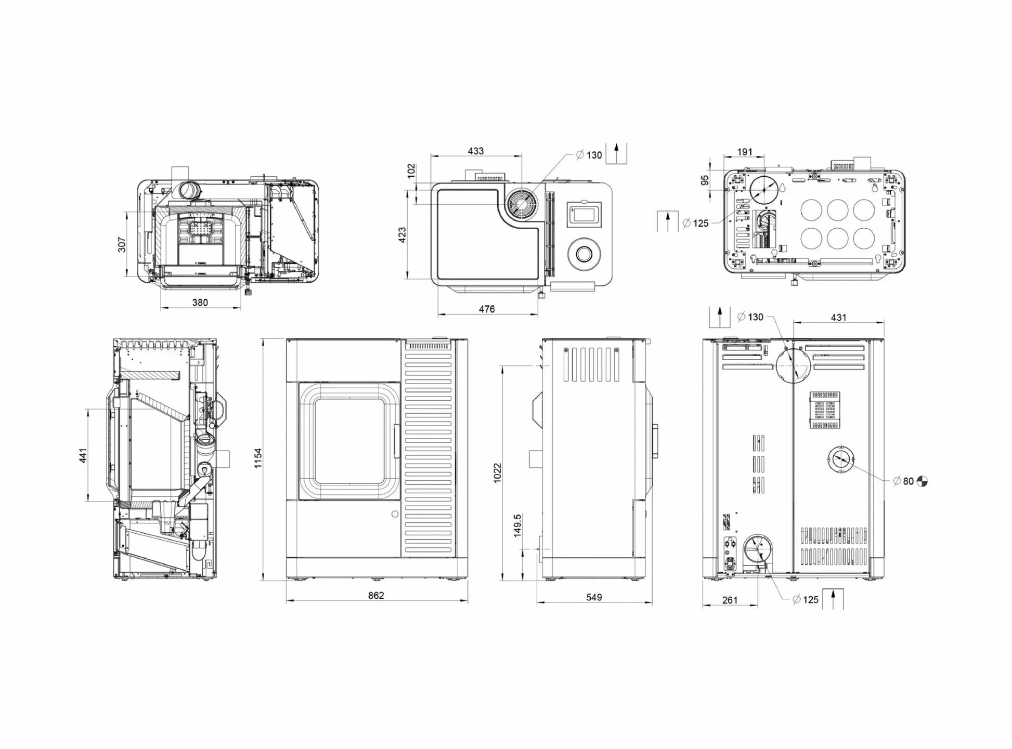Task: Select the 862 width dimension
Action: [376, 595]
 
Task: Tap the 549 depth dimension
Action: [594, 597]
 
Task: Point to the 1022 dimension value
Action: [498, 473]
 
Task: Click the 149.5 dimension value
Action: [517, 525]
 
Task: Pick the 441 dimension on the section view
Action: [83, 455]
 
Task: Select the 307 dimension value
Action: [122, 245]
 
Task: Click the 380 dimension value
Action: [200, 303]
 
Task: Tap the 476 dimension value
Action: [487, 309]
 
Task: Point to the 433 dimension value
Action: [476, 151]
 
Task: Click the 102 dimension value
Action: [411, 171]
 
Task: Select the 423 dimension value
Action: [402, 235]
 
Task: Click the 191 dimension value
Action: [745, 152]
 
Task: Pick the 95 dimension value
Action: [705, 180]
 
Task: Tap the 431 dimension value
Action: [839, 318]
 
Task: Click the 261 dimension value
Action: [730, 600]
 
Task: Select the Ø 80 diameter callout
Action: [904, 481]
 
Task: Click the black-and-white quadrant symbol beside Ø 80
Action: [922, 481]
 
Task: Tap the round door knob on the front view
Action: [395, 514]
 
